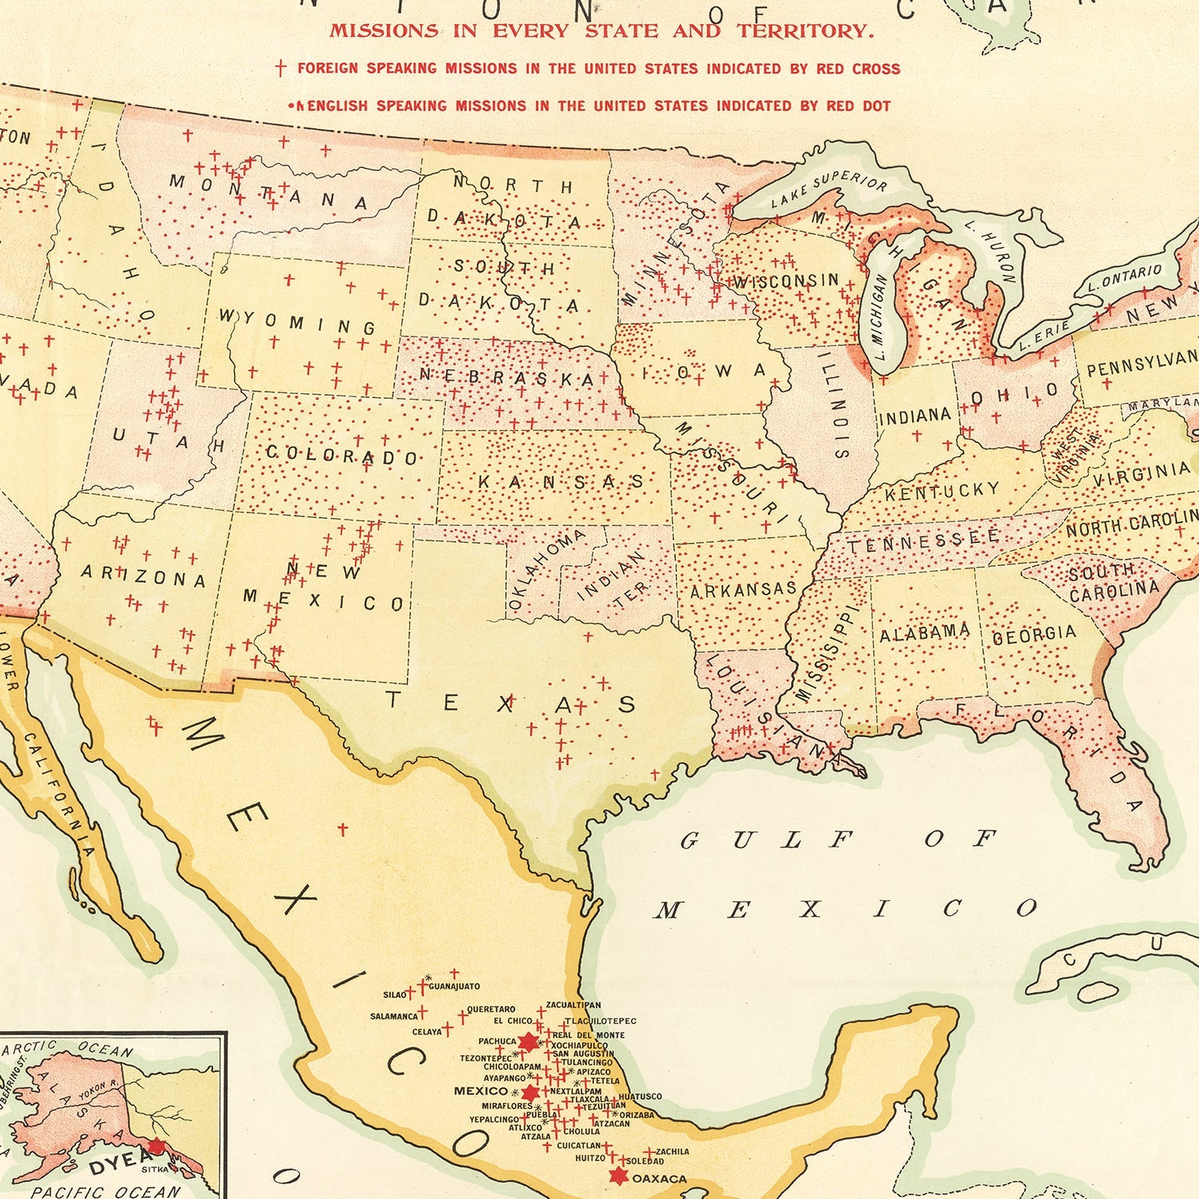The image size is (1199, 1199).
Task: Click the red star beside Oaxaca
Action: point(617,1176)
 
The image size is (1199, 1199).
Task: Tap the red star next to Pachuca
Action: point(528,1042)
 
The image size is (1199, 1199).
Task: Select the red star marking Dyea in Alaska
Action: point(157,1146)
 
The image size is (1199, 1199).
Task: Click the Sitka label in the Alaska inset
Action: point(154,1169)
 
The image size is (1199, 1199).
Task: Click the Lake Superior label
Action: point(829,189)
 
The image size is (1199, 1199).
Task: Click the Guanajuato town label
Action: point(454,986)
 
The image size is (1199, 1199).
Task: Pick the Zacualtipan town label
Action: point(573,1005)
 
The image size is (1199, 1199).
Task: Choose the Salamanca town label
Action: point(394,1017)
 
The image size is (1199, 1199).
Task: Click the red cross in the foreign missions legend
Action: point(281,68)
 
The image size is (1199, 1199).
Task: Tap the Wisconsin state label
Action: point(787,281)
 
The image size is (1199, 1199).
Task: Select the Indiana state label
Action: point(914,416)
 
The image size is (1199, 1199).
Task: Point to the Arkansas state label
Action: point(743,590)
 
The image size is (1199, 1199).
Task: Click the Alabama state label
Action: point(925,633)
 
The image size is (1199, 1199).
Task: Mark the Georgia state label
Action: point(1034,635)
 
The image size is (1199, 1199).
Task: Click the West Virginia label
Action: point(1068,454)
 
